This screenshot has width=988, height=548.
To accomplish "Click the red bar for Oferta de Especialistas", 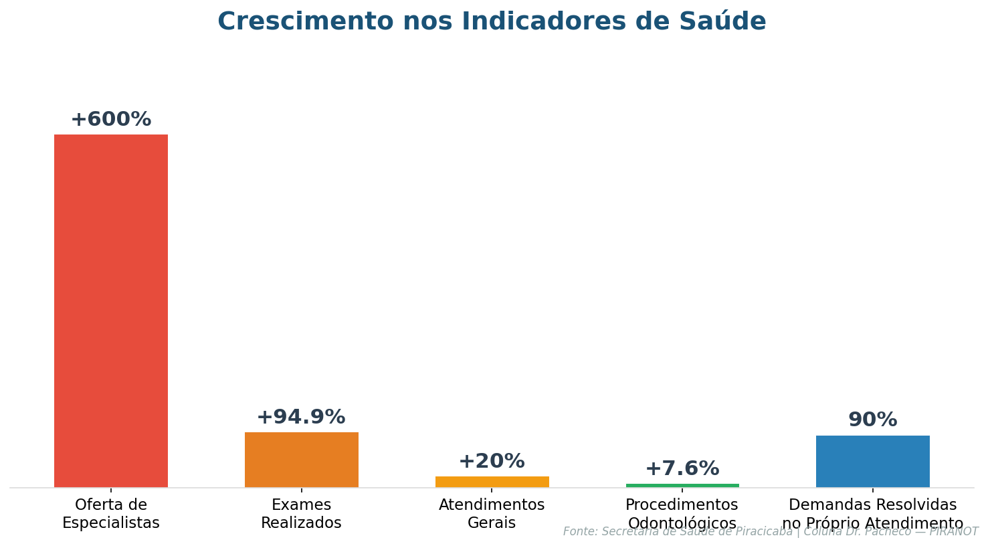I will point(111,310).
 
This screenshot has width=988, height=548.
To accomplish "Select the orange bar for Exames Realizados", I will point(301,460).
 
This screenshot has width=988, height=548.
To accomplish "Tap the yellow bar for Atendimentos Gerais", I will point(492,482).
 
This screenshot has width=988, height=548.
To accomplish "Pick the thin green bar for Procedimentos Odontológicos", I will point(682,485).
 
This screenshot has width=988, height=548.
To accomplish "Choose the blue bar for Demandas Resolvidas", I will point(872,461).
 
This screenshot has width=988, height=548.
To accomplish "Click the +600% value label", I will point(111,120).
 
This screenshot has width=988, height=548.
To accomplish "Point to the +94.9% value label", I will point(301,418).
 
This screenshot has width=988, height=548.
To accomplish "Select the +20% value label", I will point(492,462).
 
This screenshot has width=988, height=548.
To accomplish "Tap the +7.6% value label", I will point(682,469).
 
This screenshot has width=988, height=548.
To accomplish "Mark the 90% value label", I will point(872,420).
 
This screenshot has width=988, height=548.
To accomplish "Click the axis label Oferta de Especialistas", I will point(111,514).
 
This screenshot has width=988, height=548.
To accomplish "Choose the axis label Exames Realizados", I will point(301,514).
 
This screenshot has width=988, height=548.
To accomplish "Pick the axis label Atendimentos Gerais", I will point(492,514).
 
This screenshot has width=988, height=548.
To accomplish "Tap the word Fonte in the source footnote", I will point(579,532).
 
